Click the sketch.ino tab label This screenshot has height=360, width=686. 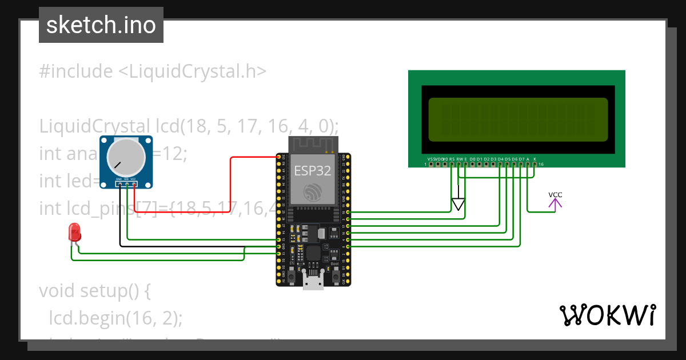101,25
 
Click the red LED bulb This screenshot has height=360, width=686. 74,232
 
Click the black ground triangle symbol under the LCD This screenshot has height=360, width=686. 458,204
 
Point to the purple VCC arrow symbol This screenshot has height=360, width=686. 555,201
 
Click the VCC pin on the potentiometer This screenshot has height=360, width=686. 133,183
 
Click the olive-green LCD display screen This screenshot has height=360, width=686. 518,119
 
